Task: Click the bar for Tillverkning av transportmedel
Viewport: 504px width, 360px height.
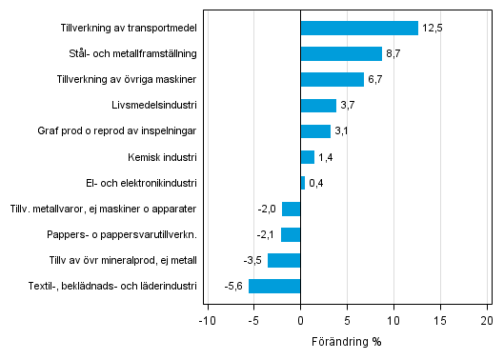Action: [x=359, y=28]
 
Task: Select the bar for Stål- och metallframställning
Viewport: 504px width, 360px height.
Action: [x=341, y=53]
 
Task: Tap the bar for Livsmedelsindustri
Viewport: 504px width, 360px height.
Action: [x=318, y=105]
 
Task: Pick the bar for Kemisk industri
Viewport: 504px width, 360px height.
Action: [x=307, y=157]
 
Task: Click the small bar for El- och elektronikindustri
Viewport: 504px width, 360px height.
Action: [x=303, y=183]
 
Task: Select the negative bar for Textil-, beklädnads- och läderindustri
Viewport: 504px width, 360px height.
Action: [x=274, y=286]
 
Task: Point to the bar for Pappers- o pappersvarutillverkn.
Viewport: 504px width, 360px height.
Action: [x=291, y=234]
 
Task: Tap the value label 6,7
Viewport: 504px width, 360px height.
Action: [x=376, y=80]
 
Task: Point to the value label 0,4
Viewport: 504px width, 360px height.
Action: [x=316, y=183]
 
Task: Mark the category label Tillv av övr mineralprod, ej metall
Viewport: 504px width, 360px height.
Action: [x=123, y=260]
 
